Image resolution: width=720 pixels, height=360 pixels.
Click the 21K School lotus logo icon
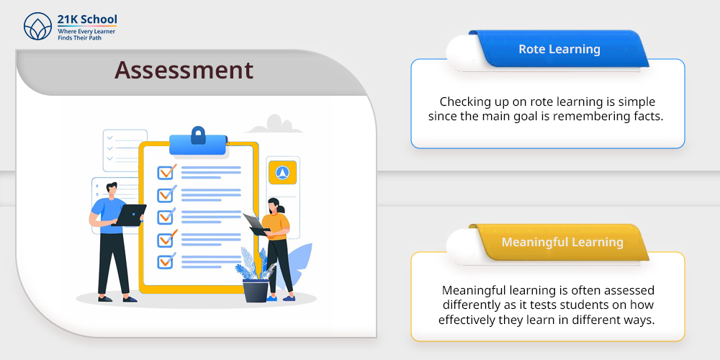(37, 26)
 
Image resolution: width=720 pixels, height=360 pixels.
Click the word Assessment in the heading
(184, 71)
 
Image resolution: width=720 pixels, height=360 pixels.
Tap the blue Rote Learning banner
(559, 49)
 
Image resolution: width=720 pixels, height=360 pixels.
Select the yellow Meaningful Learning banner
(559, 242)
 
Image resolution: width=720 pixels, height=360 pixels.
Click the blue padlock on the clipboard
(198, 135)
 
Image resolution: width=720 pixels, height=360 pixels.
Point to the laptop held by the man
(129, 215)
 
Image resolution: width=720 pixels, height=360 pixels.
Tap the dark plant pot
(256, 291)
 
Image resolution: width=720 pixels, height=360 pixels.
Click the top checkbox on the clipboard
(166, 172)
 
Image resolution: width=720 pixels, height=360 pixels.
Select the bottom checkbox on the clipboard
(166, 261)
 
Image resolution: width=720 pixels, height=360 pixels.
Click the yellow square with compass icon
(282, 173)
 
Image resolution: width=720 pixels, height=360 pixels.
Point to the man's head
(111, 189)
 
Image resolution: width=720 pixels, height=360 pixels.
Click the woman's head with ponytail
(274, 205)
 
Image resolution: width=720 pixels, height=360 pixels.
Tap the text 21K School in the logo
(87, 19)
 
